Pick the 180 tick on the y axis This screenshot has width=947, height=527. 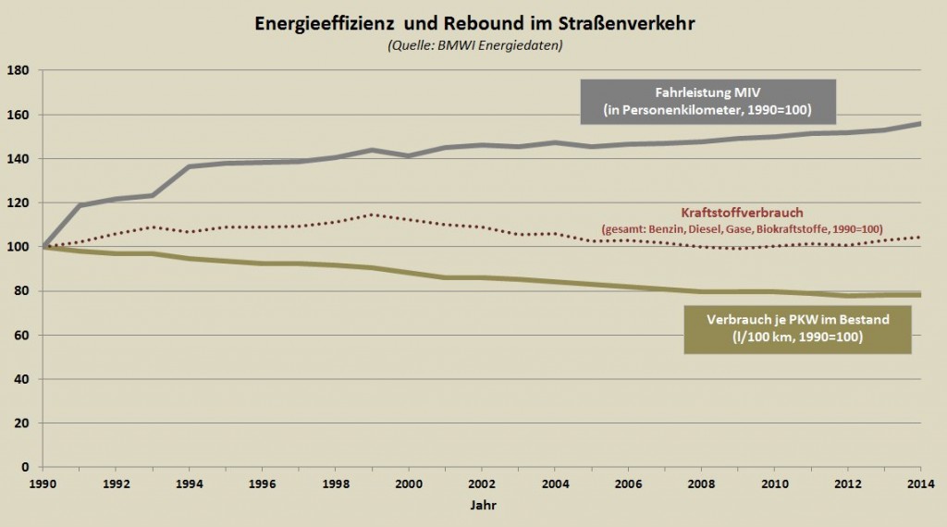coord(18,70)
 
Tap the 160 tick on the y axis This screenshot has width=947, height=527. coord(18,115)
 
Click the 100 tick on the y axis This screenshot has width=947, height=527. coord(18,247)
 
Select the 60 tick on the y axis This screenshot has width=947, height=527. coord(20,335)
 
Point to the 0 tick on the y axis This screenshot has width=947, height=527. coord(24,467)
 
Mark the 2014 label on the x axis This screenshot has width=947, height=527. coord(921,483)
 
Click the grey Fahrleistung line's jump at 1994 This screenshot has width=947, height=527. coord(189,166)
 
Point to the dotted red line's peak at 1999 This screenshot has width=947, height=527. coord(373,214)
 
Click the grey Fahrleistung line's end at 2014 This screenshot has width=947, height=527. coord(919,124)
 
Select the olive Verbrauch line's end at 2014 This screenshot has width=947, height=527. coord(919,295)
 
